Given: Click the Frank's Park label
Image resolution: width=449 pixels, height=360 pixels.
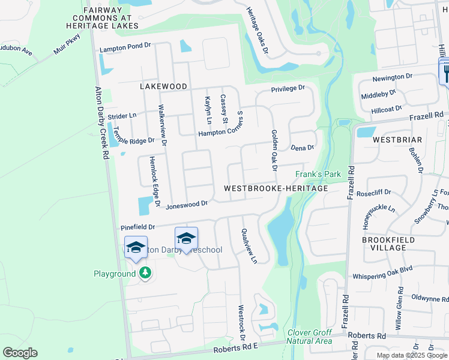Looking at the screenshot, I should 318,175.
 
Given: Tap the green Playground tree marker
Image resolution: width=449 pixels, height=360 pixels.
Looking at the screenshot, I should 145,274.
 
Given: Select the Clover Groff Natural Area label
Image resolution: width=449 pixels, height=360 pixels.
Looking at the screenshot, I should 310,337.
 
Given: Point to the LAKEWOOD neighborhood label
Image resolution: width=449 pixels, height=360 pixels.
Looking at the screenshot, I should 164,86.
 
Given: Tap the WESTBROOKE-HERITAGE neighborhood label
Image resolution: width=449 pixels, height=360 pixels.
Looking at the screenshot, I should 276,188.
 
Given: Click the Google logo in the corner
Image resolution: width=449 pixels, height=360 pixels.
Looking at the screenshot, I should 20,353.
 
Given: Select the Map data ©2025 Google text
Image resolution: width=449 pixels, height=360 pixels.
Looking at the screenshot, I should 412,355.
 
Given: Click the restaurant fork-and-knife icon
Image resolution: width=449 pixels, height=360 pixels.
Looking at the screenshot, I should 446,73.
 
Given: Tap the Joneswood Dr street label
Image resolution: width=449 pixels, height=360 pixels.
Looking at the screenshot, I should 187,204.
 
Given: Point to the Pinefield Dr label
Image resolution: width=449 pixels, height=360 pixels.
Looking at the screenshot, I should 138,227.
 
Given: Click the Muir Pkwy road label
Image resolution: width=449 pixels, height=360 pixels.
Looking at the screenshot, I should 66,48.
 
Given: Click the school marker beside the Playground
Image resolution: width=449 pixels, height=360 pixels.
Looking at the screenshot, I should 136,247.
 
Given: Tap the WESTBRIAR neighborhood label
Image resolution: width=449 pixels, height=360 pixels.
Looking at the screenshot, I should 397,139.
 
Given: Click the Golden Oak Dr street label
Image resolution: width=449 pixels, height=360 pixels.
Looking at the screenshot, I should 274,149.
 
